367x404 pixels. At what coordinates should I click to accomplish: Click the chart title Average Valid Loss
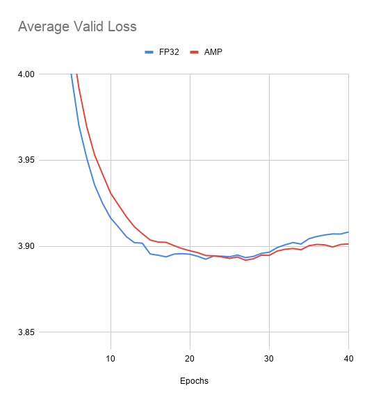(x=77, y=27)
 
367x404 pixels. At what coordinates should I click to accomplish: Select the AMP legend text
(x=213, y=51)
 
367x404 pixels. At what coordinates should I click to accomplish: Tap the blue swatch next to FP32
(x=149, y=51)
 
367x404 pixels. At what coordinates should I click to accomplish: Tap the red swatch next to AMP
(x=195, y=51)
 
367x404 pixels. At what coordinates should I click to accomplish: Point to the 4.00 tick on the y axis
(x=27, y=74)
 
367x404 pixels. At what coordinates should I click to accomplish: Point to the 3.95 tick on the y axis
(x=27, y=161)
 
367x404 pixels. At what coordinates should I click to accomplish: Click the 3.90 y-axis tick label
(x=27, y=247)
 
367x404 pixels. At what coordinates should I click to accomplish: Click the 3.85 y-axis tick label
(x=27, y=333)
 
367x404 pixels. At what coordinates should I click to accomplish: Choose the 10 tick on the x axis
(x=111, y=358)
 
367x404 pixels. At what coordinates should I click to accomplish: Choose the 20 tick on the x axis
(x=190, y=358)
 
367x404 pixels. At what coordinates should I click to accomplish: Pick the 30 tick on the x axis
(x=269, y=358)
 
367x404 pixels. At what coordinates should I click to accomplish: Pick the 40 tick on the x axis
(x=348, y=358)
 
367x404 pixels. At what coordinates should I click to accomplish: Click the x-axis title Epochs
(x=194, y=381)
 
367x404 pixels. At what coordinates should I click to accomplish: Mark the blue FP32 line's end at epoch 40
(x=348, y=232)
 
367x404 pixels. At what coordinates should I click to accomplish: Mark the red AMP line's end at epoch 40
(x=348, y=244)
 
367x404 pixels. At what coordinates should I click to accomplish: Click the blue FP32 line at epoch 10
(x=111, y=218)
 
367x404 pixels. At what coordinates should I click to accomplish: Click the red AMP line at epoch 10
(x=111, y=193)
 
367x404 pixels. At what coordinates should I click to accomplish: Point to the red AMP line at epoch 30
(x=269, y=255)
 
